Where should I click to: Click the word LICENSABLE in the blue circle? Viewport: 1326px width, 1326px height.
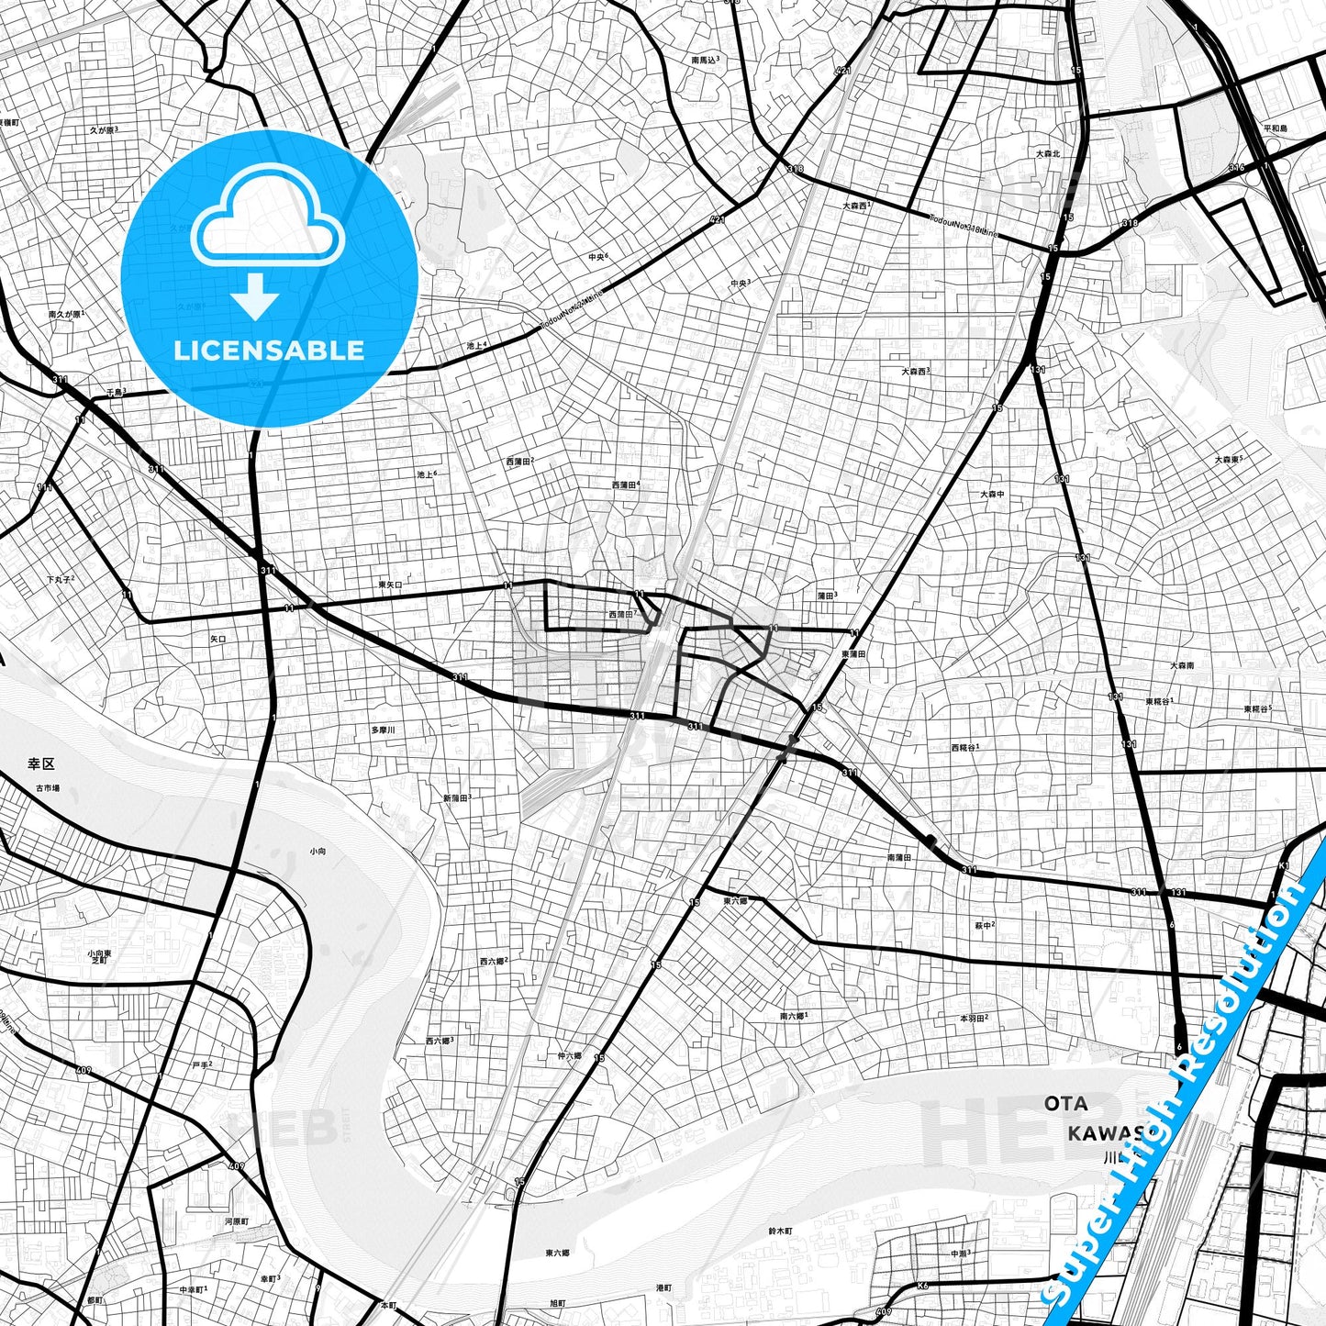269,351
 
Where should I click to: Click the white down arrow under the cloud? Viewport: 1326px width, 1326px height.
255,298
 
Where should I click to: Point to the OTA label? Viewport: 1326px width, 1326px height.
1065,1103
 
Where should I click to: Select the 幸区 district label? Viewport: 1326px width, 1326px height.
41,763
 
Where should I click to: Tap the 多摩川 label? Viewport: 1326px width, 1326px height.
383,730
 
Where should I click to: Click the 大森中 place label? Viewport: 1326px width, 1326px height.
991,494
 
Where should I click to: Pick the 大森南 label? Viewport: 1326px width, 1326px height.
1182,665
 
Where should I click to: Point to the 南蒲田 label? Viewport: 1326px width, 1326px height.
898,857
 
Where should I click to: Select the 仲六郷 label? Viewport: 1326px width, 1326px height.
569,1056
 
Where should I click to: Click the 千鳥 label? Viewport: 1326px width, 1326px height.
115,392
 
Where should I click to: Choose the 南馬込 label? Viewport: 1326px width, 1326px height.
703,60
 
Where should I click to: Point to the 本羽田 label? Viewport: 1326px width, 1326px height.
972,1019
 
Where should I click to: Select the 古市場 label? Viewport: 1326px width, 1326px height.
48,788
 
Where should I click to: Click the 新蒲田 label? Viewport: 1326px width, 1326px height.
455,798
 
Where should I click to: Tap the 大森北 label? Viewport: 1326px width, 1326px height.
1047,153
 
